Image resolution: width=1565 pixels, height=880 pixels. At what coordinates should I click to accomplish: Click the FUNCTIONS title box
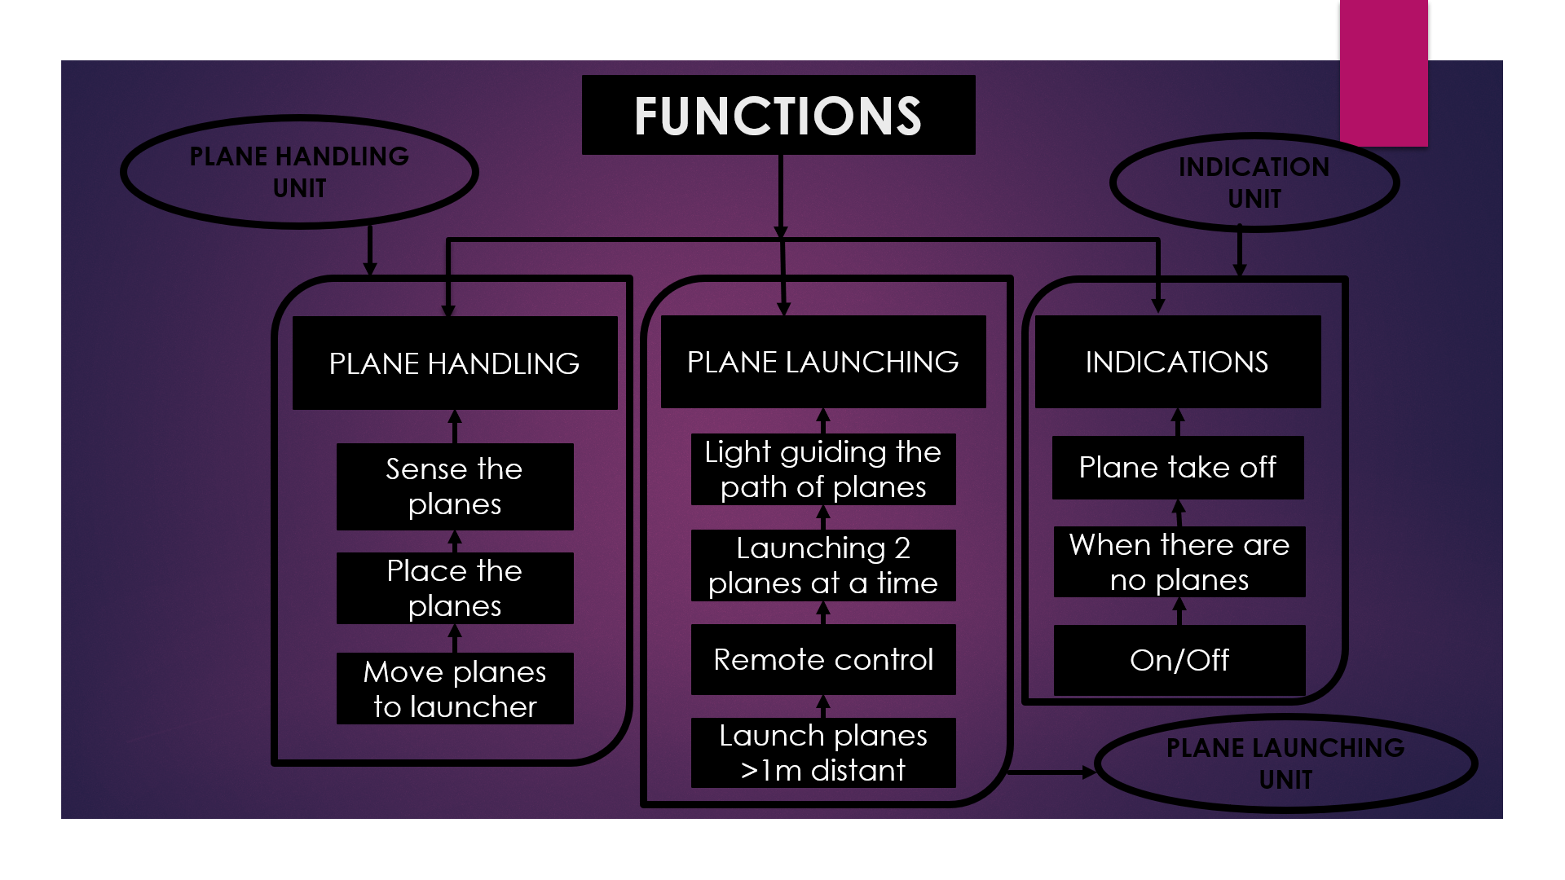click(778, 115)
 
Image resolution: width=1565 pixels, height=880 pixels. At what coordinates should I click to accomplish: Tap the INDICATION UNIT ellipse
click(1254, 136)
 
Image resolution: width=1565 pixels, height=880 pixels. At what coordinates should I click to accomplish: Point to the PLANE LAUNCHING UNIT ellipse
click(1285, 719)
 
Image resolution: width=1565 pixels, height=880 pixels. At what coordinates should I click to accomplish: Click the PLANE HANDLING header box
click(455, 363)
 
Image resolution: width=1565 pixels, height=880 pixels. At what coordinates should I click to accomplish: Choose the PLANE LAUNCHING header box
click(823, 362)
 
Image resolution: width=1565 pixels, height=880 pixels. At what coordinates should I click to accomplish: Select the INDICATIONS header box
click(1178, 362)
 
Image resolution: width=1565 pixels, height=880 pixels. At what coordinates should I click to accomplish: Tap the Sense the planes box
click(455, 486)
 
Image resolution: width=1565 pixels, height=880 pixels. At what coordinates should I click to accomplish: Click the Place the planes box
click(455, 588)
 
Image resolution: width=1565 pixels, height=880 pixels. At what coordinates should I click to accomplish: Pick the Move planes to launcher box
click(455, 689)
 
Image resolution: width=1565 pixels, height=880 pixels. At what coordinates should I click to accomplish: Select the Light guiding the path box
click(823, 469)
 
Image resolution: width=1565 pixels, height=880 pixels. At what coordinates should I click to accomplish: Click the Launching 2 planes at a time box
click(823, 565)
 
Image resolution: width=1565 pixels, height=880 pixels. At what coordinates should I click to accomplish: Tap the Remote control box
click(823, 659)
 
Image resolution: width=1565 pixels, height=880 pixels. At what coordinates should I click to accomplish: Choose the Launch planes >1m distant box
click(823, 753)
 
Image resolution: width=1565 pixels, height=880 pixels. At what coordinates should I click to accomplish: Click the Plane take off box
click(1178, 468)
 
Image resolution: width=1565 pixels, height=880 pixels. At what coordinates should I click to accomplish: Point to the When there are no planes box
click(1179, 561)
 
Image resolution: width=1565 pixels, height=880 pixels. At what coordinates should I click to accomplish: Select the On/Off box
click(1179, 660)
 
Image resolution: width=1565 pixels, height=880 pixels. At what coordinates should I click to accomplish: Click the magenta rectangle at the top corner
click(1384, 73)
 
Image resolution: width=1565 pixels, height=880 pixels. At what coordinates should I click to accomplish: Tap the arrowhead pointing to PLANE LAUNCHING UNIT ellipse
click(1089, 772)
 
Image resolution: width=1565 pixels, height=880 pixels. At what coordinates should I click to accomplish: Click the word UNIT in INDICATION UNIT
click(1254, 199)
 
